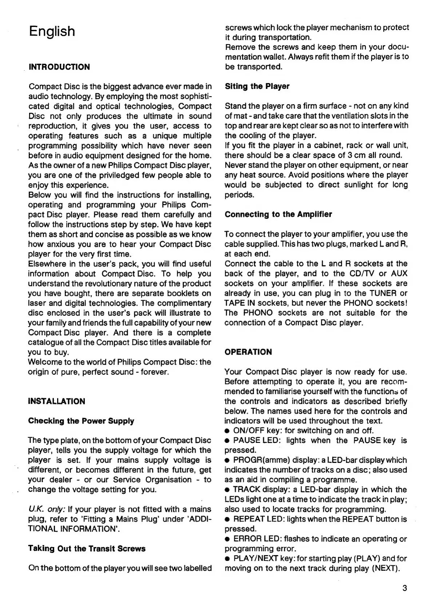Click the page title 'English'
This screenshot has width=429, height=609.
tap(52, 32)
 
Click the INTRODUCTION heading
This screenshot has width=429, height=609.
tap(59, 67)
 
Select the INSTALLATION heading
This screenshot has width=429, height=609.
tap(56, 401)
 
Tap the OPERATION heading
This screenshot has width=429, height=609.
tap(248, 352)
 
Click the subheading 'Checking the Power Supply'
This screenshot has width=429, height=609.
tap(81, 421)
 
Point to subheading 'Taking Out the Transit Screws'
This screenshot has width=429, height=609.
tap(87, 549)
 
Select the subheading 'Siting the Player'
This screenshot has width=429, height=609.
tap(257, 86)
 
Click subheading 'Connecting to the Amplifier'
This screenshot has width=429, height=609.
tap(278, 214)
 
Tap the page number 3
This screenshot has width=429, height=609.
tap(404, 588)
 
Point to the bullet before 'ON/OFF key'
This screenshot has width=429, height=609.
tap(227, 431)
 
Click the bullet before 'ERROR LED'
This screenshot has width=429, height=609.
tap(227, 539)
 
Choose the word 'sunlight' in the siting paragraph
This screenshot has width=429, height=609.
tap(346, 185)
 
